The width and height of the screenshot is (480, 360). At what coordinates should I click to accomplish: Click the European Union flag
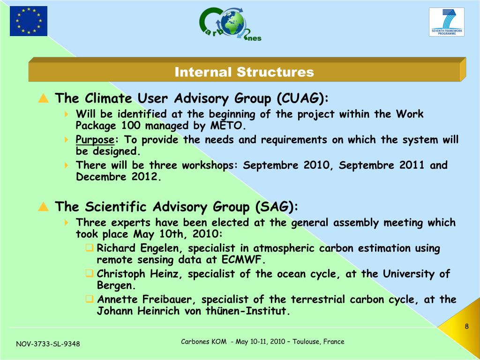(x=29, y=21)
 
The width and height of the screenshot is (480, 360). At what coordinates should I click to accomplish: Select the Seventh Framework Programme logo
(x=447, y=22)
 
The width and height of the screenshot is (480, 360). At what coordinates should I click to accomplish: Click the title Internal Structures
(x=244, y=72)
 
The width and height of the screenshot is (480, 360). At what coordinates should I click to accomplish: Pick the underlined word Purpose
(x=95, y=140)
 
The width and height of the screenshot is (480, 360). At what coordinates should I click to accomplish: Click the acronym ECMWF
(x=242, y=260)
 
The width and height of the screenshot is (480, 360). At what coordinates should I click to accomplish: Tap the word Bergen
(x=116, y=285)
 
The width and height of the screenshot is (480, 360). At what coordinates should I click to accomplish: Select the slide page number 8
(x=466, y=326)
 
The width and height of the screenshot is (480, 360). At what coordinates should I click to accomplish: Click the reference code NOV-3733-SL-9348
(x=48, y=344)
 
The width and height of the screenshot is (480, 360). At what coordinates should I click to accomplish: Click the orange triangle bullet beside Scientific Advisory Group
(x=44, y=207)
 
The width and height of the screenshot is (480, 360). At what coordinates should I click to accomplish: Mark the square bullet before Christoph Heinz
(x=90, y=273)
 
